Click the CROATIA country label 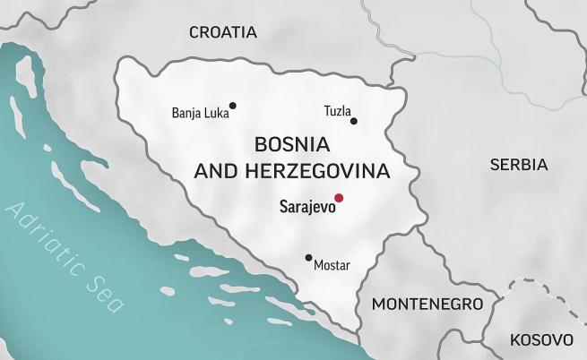point(222,32)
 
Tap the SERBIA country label point(518,165)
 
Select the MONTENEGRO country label point(427,304)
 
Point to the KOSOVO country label point(540,340)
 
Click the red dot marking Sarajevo point(339,198)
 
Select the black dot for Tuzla point(354,121)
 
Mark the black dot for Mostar point(308,258)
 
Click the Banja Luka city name point(200,113)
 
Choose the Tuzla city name point(337,111)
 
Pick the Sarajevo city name point(306,207)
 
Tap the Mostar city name point(332,266)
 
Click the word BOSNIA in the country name point(292,144)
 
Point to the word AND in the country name point(215,170)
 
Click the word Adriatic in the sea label point(50,244)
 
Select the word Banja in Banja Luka point(186,113)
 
